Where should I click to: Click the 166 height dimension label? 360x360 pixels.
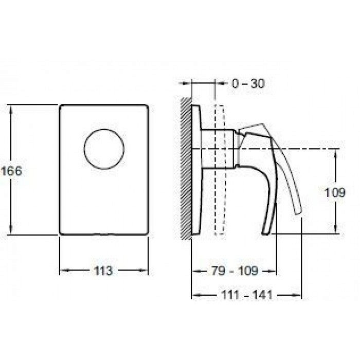point(11,171)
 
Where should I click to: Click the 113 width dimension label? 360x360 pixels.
point(103,271)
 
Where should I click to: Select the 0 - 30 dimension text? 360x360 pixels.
point(248,83)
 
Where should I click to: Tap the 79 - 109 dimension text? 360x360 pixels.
point(235,271)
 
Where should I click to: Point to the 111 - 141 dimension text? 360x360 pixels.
point(247,295)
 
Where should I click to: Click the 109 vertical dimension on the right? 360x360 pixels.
point(334,192)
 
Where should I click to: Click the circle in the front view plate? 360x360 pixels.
point(104,129)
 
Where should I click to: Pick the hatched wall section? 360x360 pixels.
point(186,169)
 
